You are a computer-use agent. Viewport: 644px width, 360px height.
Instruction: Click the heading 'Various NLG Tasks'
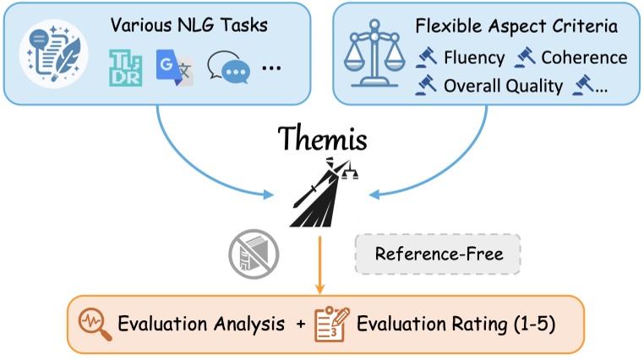point(189,25)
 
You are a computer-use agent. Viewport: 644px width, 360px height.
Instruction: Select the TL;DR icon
point(126,68)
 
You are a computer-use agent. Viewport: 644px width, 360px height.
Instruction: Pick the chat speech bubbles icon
point(226,68)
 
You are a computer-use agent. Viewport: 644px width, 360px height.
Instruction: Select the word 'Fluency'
point(474,58)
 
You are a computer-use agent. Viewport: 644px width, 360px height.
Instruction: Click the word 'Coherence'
point(584,58)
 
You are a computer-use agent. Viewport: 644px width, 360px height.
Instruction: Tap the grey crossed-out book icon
point(251,253)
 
